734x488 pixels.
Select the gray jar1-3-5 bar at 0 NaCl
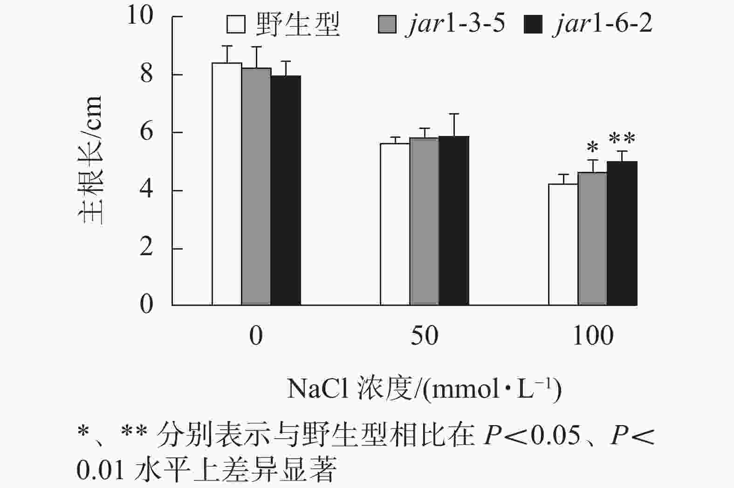(x=256, y=186)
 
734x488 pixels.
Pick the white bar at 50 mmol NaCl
(x=395, y=224)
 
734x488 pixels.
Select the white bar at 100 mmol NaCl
(x=563, y=244)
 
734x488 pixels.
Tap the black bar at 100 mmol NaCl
(x=622, y=233)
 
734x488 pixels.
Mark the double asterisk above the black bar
(x=622, y=139)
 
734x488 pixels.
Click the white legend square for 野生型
(x=236, y=24)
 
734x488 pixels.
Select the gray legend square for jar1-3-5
(x=387, y=24)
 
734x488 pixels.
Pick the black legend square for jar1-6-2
(x=533, y=24)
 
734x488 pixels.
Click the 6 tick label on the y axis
(x=146, y=132)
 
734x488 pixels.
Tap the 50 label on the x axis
(x=424, y=336)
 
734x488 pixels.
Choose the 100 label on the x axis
(x=593, y=336)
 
